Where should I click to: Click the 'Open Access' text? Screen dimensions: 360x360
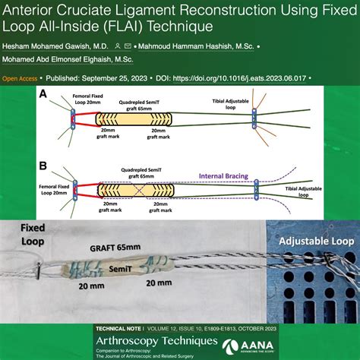click(21, 77)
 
